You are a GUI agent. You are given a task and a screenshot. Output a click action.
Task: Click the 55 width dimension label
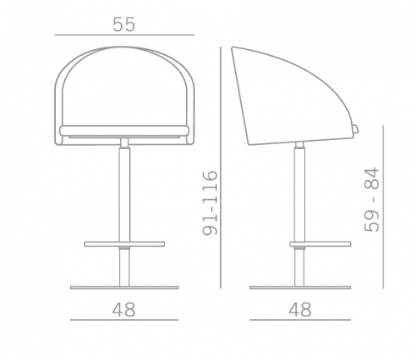click(x=124, y=24)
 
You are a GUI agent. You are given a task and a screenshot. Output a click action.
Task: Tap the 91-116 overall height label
click(x=210, y=203)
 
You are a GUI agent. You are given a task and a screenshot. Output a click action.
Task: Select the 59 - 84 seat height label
click(x=372, y=199)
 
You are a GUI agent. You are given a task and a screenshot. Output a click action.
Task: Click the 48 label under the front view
click(x=123, y=309)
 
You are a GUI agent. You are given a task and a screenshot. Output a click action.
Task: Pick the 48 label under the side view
click(x=300, y=309)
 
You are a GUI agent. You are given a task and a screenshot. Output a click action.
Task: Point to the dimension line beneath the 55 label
click(x=124, y=35)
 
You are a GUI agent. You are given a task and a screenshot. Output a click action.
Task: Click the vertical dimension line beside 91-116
click(x=221, y=167)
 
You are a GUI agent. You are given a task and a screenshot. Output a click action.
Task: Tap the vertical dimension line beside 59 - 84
click(x=383, y=207)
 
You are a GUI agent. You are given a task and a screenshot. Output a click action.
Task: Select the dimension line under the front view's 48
click(x=124, y=320)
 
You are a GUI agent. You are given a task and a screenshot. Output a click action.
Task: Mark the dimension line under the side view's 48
click(x=300, y=320)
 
